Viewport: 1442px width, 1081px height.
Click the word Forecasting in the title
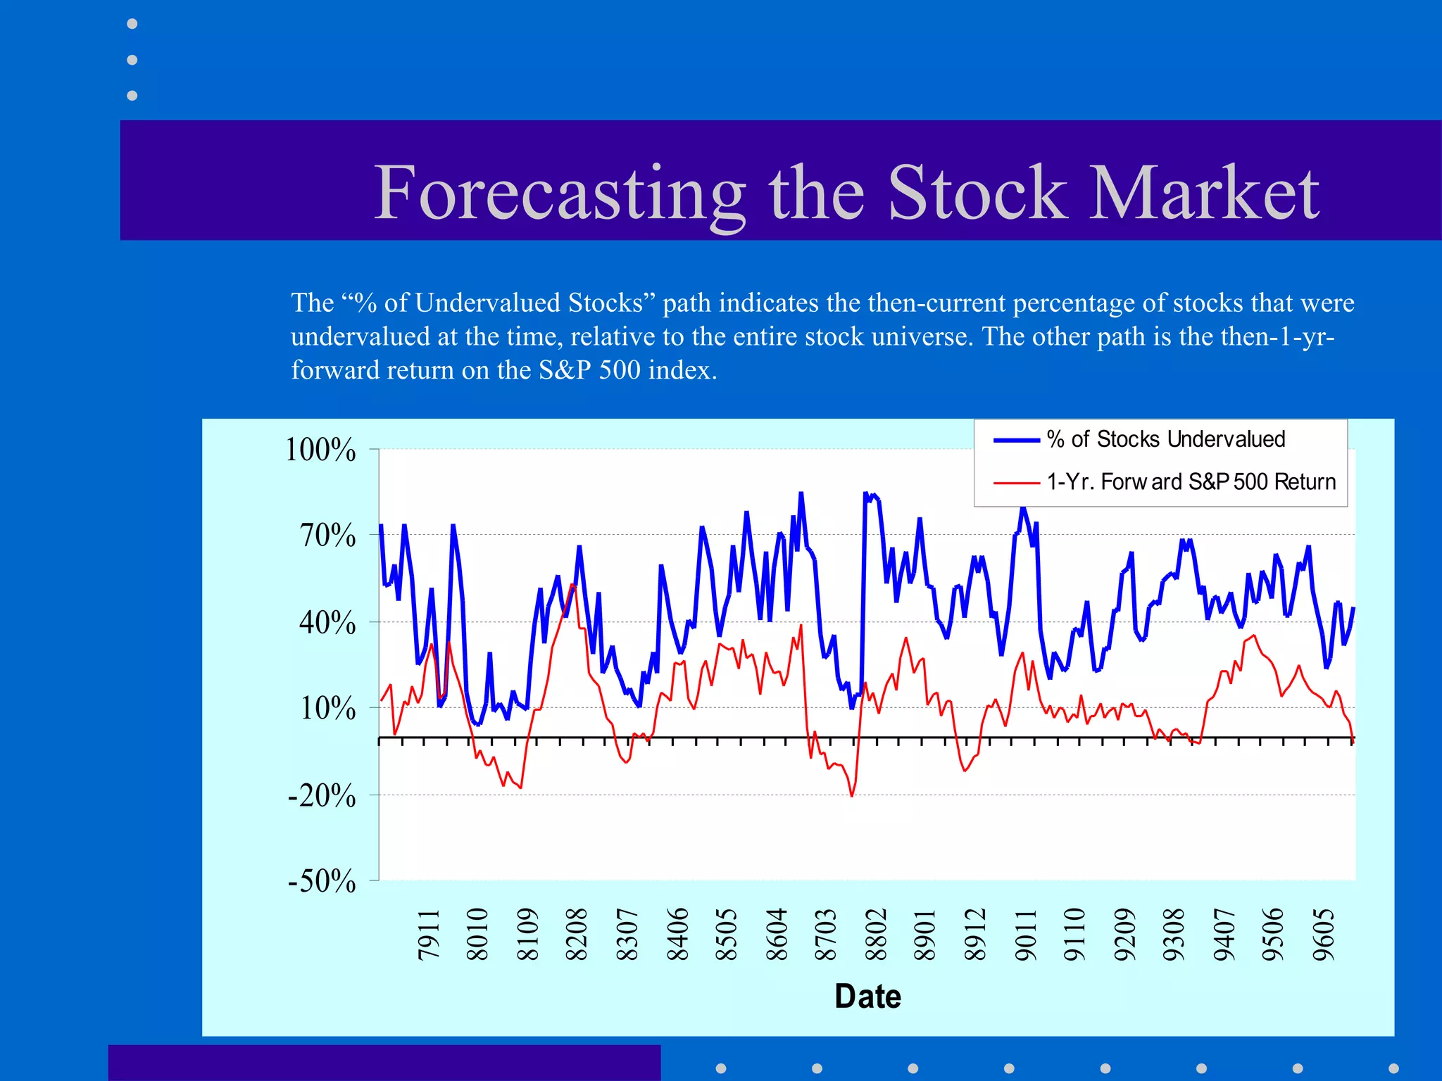pyautogui.click(x=560, y=194)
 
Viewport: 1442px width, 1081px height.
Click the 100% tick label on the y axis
pyautogui.click(x=320, y=450)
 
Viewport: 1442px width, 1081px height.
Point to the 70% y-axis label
pyautogui.click(x=327, y=536)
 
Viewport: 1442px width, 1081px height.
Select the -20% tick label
pyautogui.click(x=322, y=796)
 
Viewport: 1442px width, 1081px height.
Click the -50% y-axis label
pyautogui.click(x=322, y=881)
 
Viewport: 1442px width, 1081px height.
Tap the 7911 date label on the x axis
pyautogui.click(x=429, y=935)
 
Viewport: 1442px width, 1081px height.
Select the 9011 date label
pyautogui.click(x=1025, y=935)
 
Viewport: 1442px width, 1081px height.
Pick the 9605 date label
pyautogui.click(x=1324, y=935)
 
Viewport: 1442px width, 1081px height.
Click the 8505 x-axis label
pyautogui.click(x=726, y=935)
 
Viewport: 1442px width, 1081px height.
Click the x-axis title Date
pyautogui.click(x=867, y=997)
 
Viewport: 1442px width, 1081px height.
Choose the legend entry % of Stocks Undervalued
pyautogui.click(x=1165, y=439)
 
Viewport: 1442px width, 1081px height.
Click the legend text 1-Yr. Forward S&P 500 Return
pyautogui.click(x=1191, y=482)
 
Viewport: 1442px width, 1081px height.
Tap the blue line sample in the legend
pyautogui.click(x=1016, y=441)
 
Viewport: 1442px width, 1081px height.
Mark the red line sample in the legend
pyautogui.click(x=1016, y=483)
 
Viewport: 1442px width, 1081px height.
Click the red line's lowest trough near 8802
pyautogui.click(x=852, y=796)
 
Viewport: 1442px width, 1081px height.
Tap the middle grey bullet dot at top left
pyautogui.click(x=132, y=60)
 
